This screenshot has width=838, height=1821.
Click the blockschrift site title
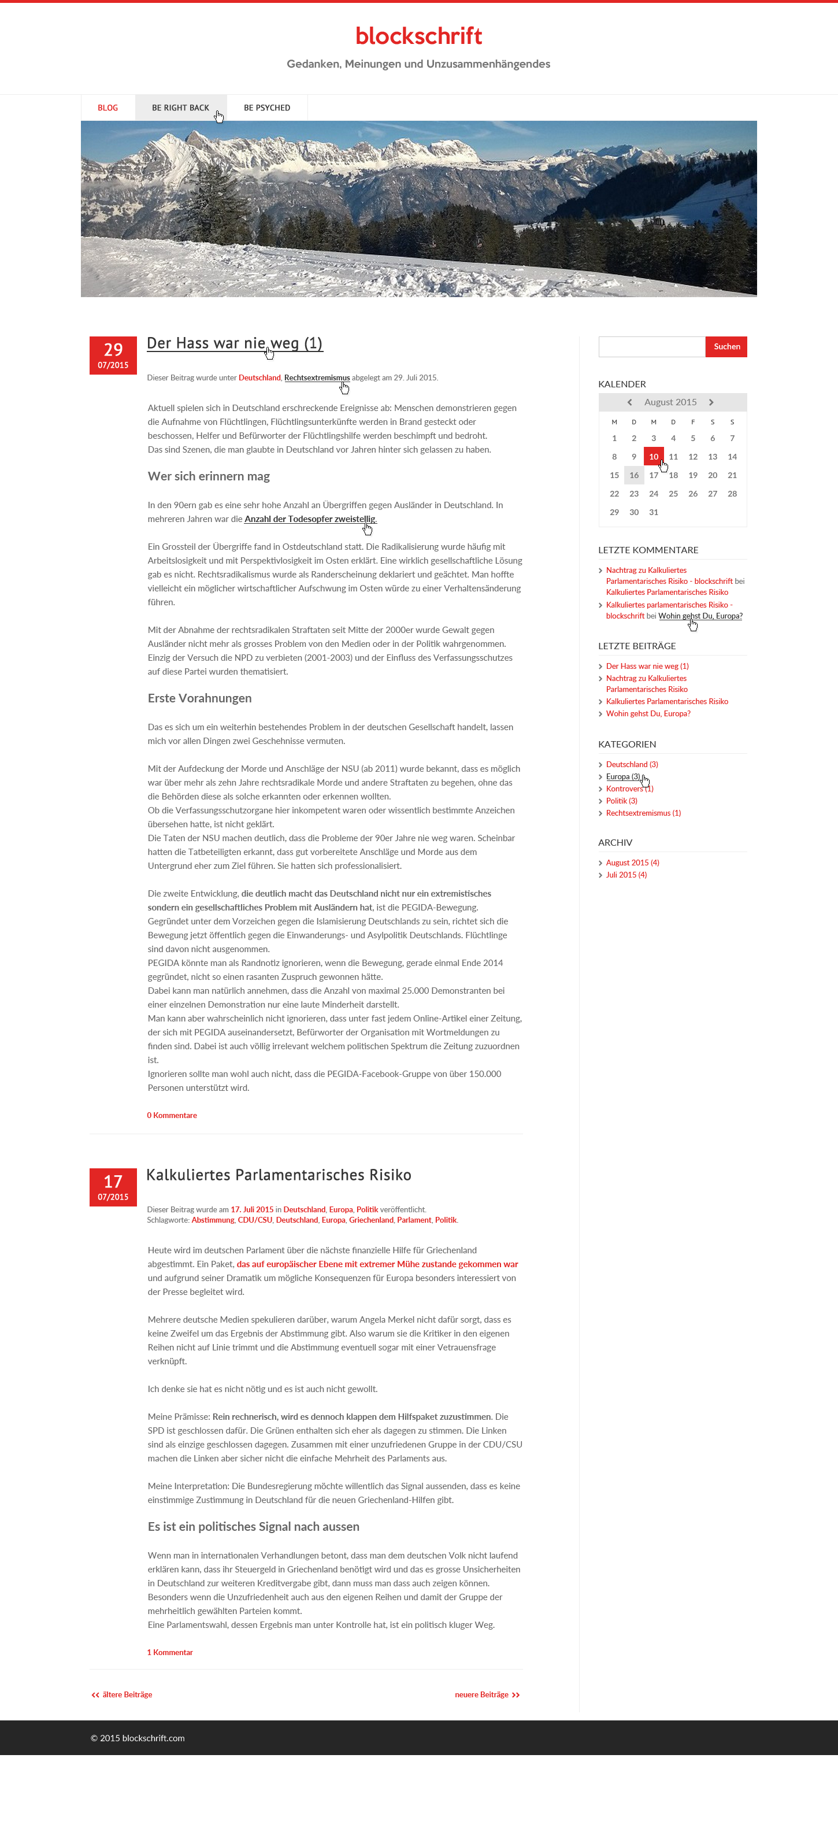click(x=418, y=36)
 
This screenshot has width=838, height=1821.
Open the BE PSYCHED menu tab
click(x=266, y=108)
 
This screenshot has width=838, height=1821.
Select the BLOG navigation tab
click(x=107, y=108)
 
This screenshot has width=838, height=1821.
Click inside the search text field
click(x=651, y=347)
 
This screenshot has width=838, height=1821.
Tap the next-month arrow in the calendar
click(x=711, y=402)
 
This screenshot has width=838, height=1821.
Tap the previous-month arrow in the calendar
click(x=629, y=402)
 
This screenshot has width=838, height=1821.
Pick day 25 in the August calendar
click(x=673, y=494)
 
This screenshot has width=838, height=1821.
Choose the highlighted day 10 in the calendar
click(x=653, y=457)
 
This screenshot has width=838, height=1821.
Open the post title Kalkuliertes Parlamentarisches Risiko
click(x=279, y=1175)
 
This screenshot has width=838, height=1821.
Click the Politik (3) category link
click(x=621, y=801)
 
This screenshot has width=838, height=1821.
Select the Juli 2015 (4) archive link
click(x=626, y=875)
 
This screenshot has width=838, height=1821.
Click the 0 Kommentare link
click(x=172, y=1116)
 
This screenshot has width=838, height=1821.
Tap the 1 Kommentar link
click(x=169, y=1652)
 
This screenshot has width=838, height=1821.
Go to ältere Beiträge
click(x=123, y=1694)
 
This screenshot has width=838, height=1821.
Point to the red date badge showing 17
click(x=113, y=1187)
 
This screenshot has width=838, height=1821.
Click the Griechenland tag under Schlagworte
click(x=371, y=1220)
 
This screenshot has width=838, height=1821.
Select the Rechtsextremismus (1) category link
click(x=643, y=813)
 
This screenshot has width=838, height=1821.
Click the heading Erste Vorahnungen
click(x=199, y=698)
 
